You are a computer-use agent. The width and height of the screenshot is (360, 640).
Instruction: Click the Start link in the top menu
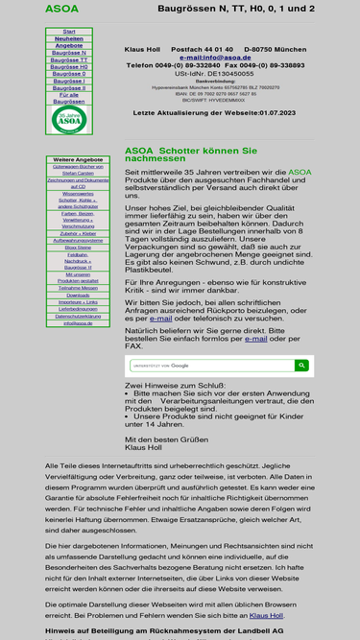(69, 32)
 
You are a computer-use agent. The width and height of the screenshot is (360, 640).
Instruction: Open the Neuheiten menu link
(69, 38)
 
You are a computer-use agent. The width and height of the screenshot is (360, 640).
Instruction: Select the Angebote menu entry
(69, 45)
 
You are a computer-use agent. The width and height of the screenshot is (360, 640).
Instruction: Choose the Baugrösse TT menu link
(69, 59)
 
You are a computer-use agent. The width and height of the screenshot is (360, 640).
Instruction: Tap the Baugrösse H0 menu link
(69, 67)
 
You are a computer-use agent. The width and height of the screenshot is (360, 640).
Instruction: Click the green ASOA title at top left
(61, 10)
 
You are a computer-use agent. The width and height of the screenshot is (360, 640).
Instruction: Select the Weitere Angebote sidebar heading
(78, 159)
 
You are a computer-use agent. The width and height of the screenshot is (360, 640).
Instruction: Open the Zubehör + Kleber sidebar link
(78, 233)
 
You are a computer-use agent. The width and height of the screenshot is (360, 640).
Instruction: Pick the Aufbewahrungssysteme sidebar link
(78, 240)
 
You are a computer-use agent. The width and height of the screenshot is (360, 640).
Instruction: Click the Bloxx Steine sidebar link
(78, 247)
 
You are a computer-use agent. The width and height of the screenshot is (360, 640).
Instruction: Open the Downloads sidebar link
(78, 295)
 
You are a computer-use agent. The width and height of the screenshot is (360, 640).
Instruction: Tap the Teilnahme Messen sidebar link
(78, 287)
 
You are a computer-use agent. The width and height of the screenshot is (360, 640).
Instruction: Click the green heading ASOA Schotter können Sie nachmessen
(192, 155)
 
